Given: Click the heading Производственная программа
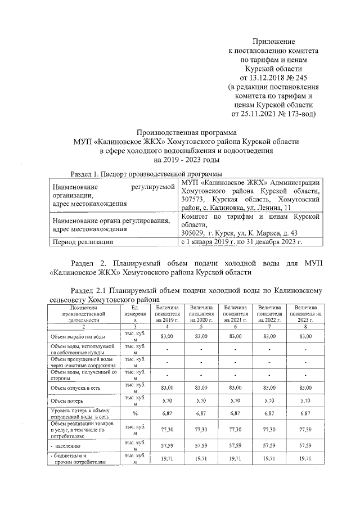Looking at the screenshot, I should [x=186, y=132].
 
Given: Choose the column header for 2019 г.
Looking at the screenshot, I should [x=168, y=313].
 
